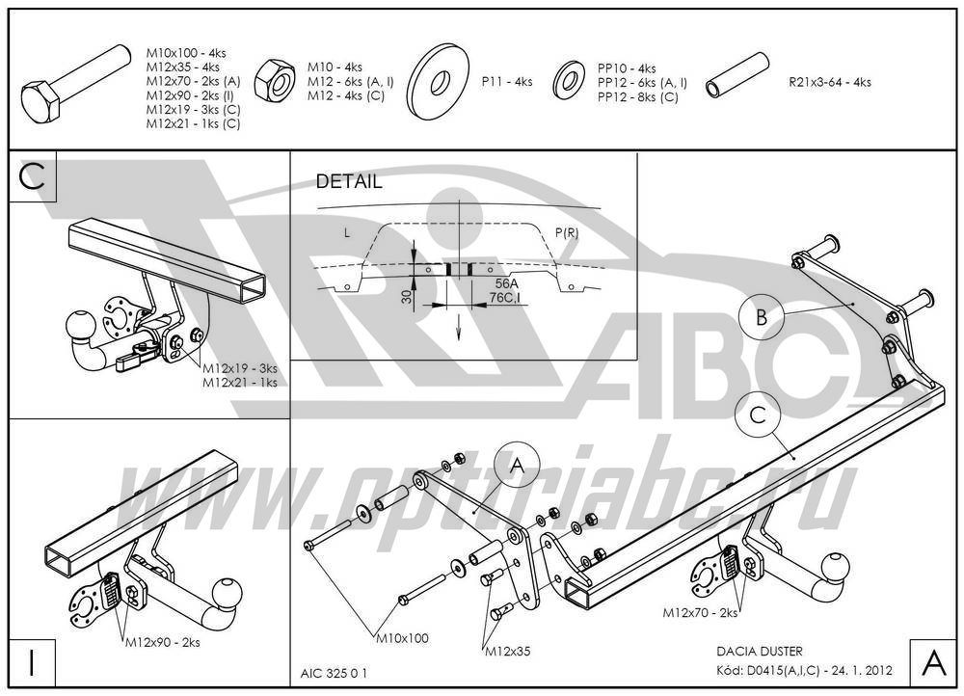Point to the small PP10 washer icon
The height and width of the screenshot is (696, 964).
pos(570,81)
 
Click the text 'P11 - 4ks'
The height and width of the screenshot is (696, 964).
pos(507,82)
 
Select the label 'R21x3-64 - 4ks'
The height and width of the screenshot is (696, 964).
pos(829,82)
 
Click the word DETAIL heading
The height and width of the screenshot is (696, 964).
pos(349,181)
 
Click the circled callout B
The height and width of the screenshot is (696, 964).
pos(762,319)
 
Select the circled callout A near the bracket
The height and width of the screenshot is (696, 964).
pos(516,467)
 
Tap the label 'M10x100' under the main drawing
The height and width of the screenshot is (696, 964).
pos(403,637)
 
